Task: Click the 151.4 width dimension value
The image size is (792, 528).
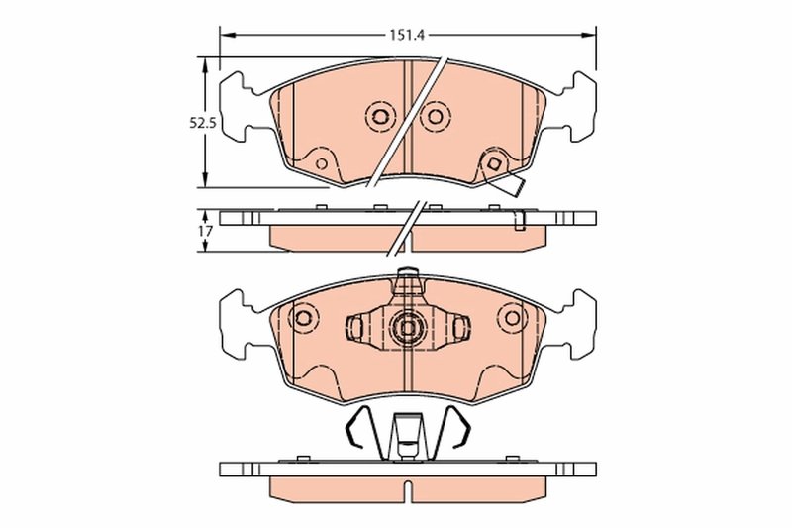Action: (406, 36)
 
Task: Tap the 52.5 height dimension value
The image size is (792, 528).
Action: (203, 124)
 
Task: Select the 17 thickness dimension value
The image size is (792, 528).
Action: (205, 231)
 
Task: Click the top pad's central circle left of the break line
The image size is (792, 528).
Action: (378, 117)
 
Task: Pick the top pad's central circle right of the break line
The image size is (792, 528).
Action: (434, 117)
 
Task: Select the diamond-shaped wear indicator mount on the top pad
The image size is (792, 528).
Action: (492, 164)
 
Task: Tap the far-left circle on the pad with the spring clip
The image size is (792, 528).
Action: (303, 317)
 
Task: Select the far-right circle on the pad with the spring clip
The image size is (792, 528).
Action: (512, 317)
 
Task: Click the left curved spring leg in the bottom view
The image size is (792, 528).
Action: (358, 429)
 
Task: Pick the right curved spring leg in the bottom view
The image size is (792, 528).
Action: (456, 429)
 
